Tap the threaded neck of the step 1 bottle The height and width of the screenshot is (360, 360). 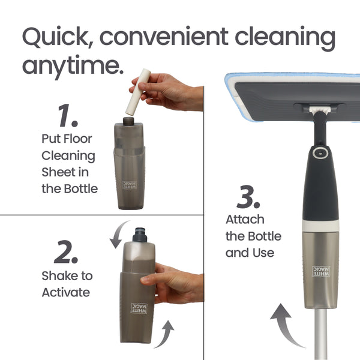(x=128, y=121)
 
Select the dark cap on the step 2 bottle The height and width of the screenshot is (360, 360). (x=139, y=233)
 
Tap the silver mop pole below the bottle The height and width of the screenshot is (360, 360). (x=319, y=336)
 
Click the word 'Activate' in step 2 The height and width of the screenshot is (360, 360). (x=65, y=293)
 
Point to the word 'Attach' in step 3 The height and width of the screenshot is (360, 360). (x=245, y=220)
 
